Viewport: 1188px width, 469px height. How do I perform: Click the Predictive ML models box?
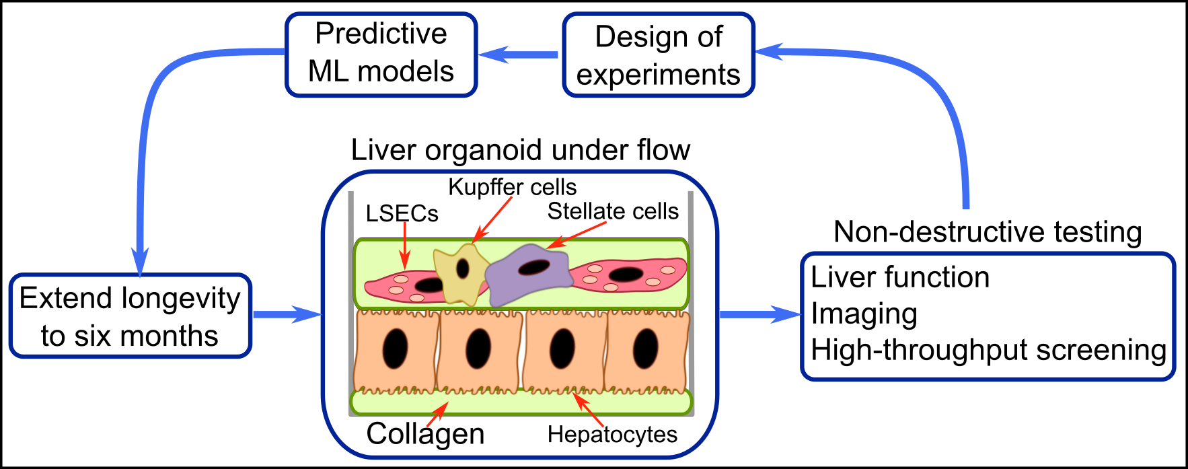click(x=381, y=55)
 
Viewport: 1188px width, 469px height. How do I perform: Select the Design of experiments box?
click(x=659, y=55)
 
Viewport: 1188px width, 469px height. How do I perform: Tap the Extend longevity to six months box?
click(x=130, y=316)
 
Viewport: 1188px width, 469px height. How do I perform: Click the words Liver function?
click(x=900, y=277)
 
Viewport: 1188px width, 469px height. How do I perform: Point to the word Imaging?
click(x=864, y=314)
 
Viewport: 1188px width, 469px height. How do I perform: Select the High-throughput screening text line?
click(x=988, y=350)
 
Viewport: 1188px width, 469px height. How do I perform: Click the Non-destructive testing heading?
click(x=988, y=231)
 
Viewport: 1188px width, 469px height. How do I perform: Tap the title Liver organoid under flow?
click(x=521, y=149)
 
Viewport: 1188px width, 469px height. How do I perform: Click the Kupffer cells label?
click(x=513, y=187)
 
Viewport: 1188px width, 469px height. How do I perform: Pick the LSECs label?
click(x=402, y=213)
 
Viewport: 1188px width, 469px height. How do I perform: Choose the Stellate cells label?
click(x=613, y=211)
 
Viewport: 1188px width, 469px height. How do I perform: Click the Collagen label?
click(x=425, y=434)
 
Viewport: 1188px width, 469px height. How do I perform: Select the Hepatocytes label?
click(x=612, y=435)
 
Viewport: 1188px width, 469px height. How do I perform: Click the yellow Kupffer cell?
click(x=461, y=273)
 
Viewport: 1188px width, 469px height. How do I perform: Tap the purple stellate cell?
click(x=529, y=273)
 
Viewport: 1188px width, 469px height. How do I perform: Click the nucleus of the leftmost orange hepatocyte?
click(x=395, y=349)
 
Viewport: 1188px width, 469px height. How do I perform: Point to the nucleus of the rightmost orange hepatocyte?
click(x=645, y=349)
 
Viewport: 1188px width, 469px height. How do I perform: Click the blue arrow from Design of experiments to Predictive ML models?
click(x=519, y=55)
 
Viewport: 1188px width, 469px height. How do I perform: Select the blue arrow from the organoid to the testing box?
click(x=760, y=314)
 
